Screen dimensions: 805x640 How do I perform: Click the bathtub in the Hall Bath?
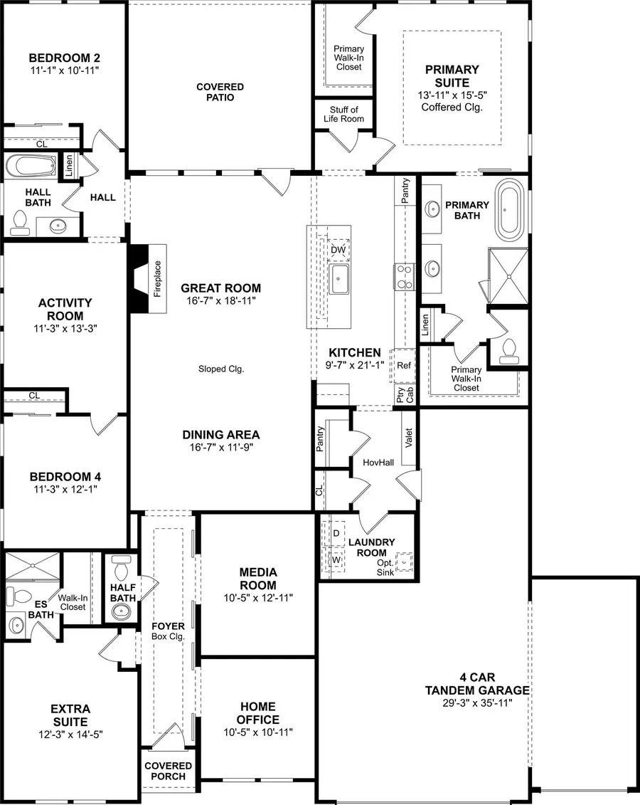tap(31, 167)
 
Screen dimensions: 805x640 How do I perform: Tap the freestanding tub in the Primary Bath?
tap(508, 210)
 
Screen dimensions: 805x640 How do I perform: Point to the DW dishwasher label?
tap(338, 250)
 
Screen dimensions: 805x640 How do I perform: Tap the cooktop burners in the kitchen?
tap(404, 276)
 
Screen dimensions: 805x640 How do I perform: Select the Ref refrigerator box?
tap(404, 366)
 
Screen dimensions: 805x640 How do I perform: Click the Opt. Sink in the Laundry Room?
tap(405, 562)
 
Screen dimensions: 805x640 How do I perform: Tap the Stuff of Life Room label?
tap(343, 115)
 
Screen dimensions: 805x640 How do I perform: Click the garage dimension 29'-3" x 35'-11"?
tap(477, 703)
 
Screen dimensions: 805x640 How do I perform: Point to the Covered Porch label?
tap(168, 771)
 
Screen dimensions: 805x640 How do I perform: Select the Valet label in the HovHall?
tap(408, 436)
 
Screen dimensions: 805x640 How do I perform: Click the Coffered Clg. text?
tap(452, 107)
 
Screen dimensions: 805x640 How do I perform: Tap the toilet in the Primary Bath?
tap(508, 348)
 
